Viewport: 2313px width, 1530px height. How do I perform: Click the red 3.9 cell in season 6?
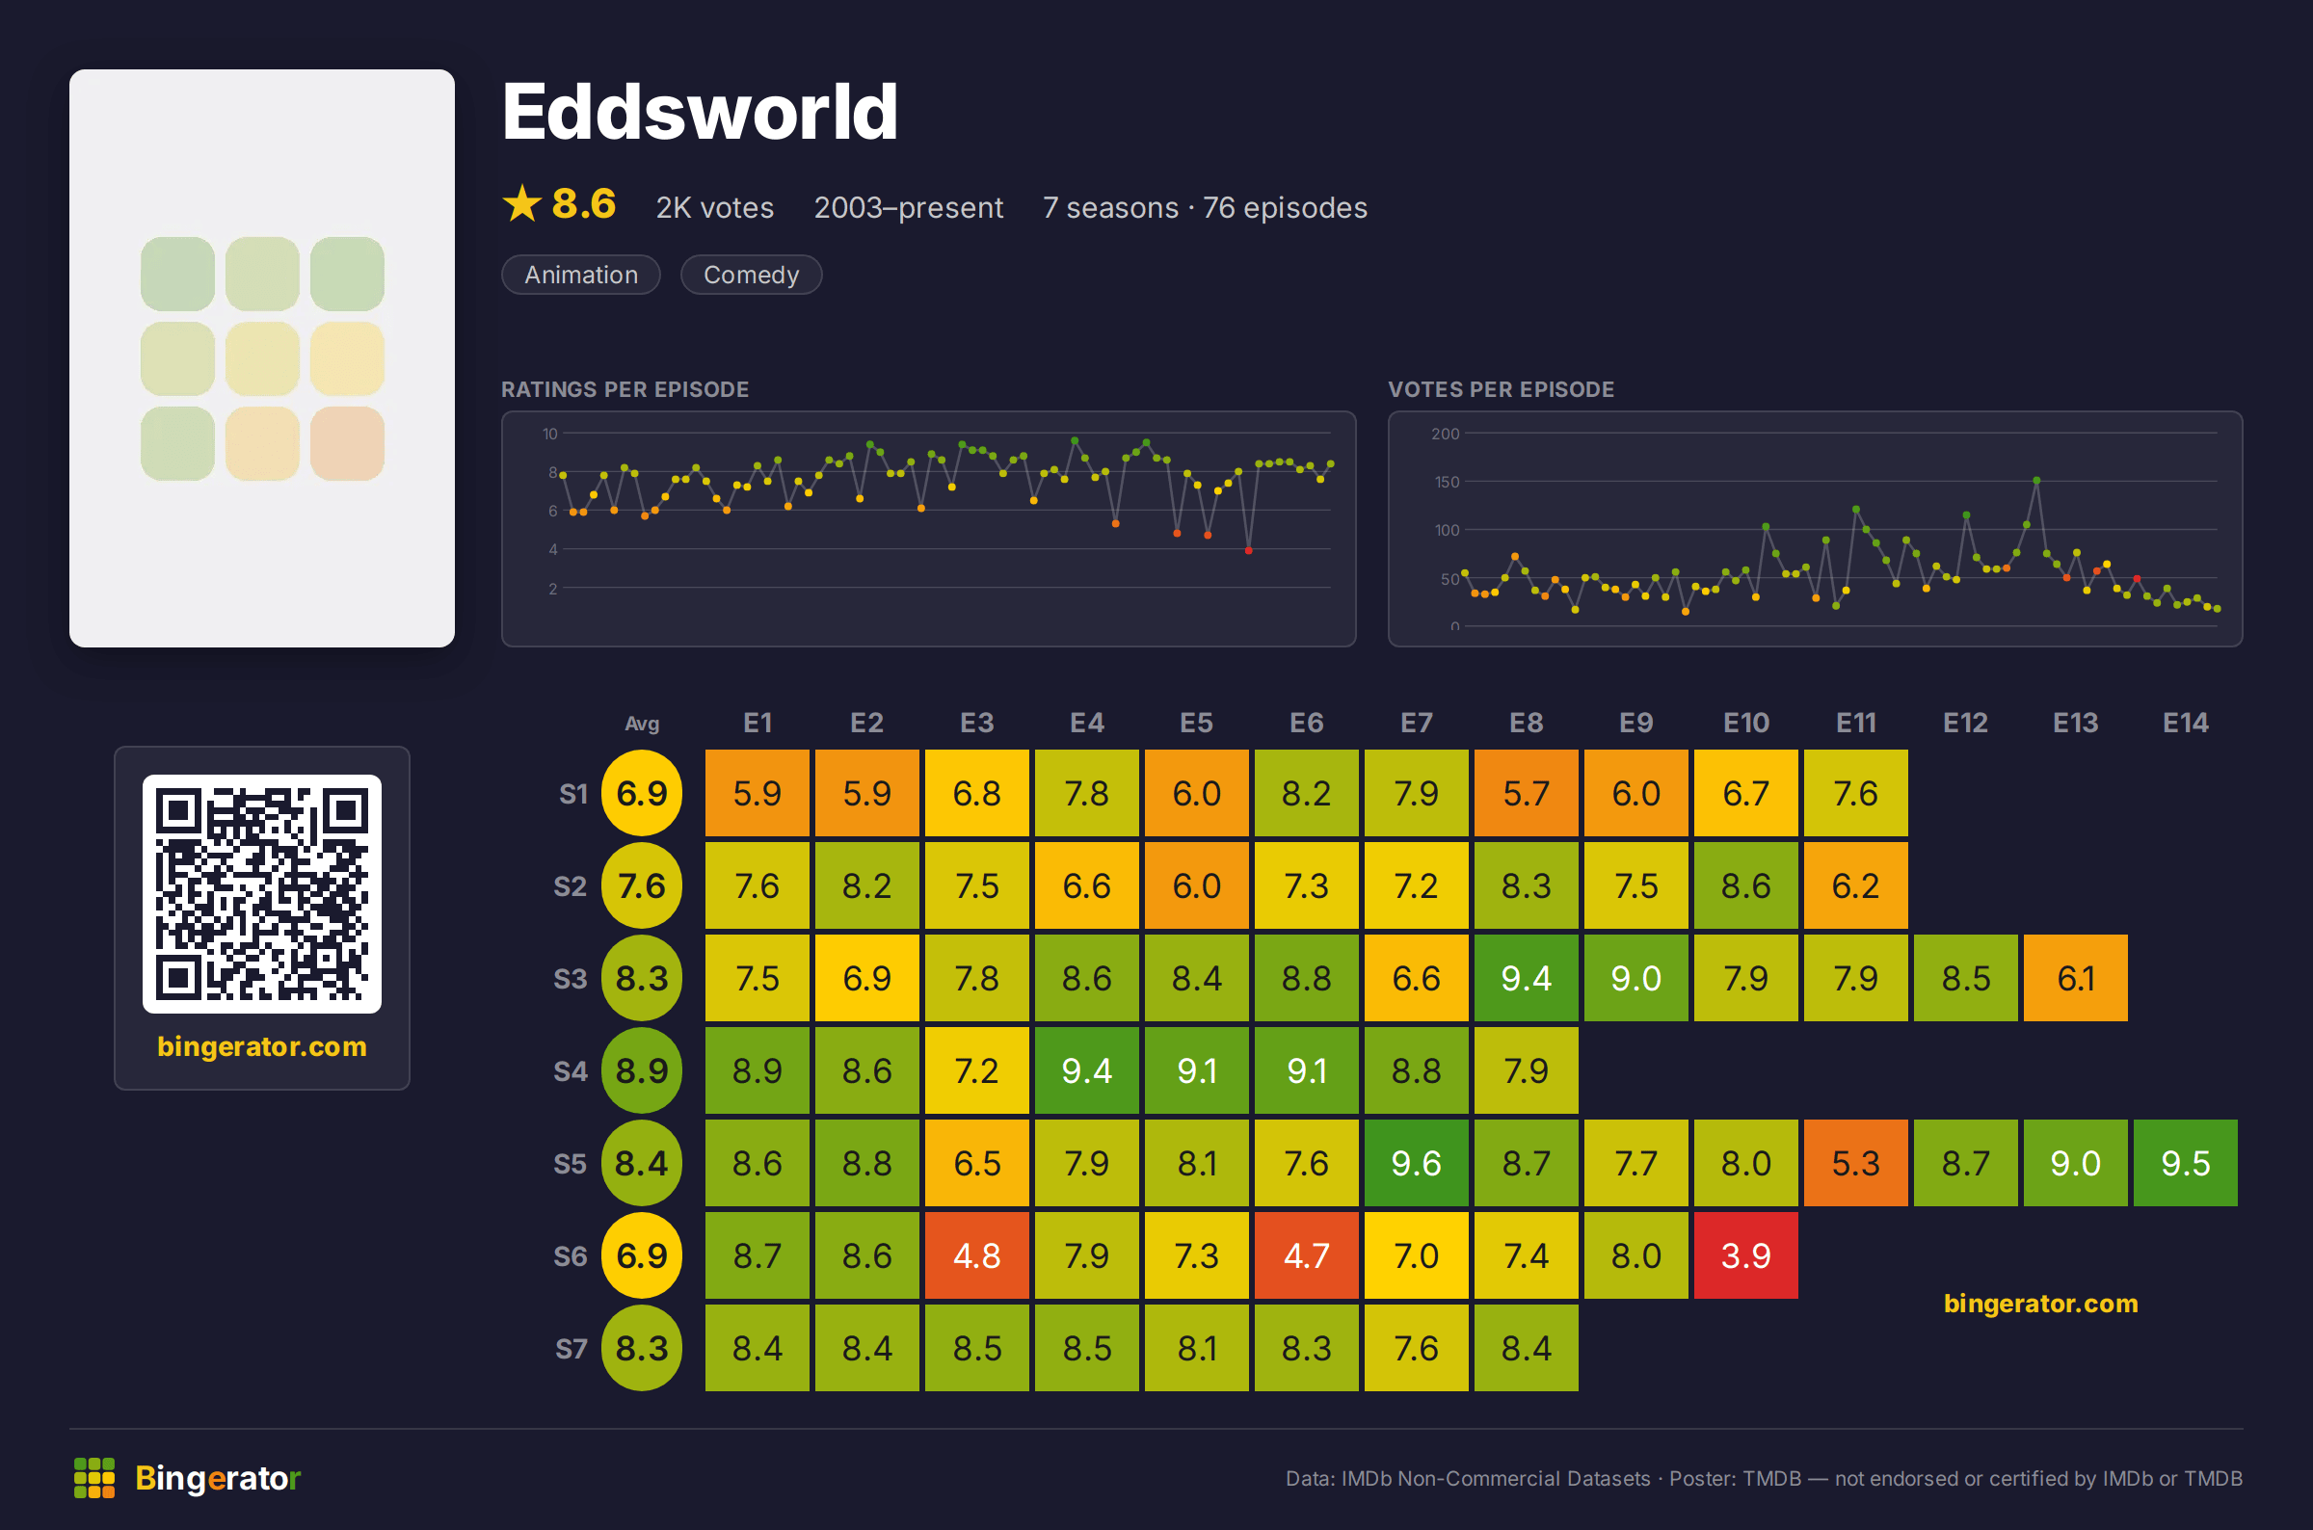point(1745,1254)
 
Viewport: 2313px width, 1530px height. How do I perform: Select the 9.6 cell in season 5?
point(1416,1162)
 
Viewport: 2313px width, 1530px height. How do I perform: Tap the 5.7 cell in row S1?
point(1526,792)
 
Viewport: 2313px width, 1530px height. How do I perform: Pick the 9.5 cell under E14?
point(2185,1162)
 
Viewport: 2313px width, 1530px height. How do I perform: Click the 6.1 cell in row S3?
point(2075,978)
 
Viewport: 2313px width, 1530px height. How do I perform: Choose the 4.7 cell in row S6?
point(1306,1254)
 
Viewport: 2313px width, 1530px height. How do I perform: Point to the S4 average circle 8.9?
point(641,1070)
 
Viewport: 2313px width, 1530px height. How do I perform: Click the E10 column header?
point(1745,723)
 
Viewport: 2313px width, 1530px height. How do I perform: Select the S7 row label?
point(571,1349)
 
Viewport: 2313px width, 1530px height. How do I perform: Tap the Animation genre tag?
point(581,276)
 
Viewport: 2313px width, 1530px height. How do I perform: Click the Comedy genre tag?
point(751,276)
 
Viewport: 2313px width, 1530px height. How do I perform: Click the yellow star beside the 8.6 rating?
point(522,204)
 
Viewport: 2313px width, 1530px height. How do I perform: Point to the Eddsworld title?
point(699,112)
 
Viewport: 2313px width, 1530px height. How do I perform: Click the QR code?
point(261,894)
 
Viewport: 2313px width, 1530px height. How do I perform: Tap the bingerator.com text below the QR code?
point(261,1046)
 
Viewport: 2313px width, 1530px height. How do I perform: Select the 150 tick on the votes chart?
point(1446,482)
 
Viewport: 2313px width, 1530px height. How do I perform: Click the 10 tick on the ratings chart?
point(550,434)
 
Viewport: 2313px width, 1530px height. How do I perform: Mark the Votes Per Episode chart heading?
point(1501,389)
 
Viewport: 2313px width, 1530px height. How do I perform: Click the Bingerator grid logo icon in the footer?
point(94,1477)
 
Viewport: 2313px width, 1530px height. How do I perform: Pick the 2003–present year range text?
point(908,208)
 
